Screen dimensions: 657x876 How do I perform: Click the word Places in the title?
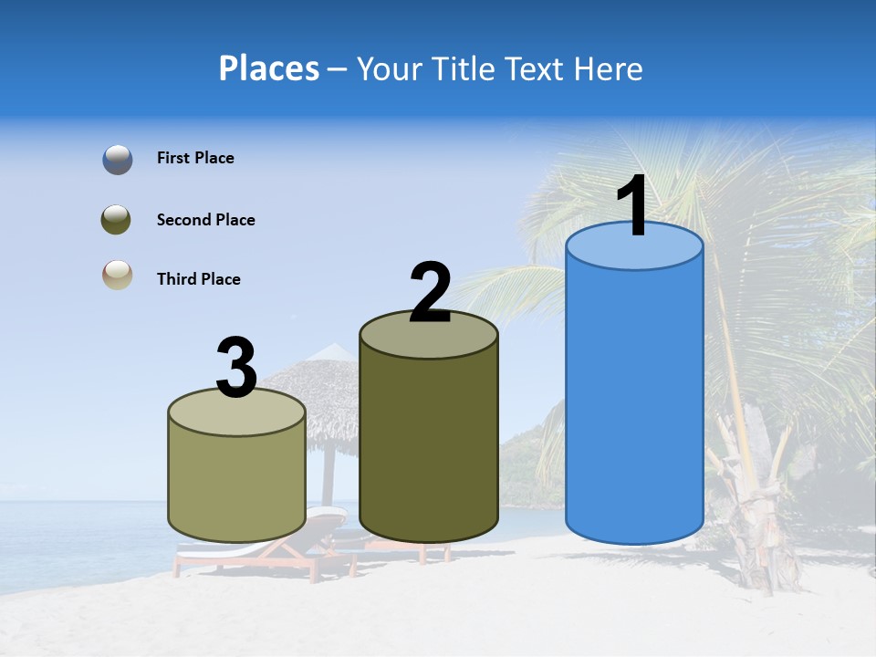pyautogui.click(x=268, y=68)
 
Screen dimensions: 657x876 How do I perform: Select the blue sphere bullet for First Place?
pyautogui.click(x=118, y=160)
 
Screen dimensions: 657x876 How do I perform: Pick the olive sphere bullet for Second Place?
pyautogui.click(x=117, y=220)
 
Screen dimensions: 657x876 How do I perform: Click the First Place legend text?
pyautogui.click(x=195, y=158)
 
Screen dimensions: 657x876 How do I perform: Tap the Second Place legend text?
pyautogui.click(x=205, y=220)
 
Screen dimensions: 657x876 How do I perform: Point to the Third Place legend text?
pyautogui.click(x=198, y=279)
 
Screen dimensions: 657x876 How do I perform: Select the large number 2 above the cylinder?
pyautogui.click(x=430, y=292)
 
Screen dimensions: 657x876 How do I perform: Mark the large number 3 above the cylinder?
pyautogui.click(x=236, y=369)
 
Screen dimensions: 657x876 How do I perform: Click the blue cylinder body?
pyautogui.click(x=634, y=401)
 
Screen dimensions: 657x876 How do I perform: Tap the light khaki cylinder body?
pyautogui.click(x=237, y=484)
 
